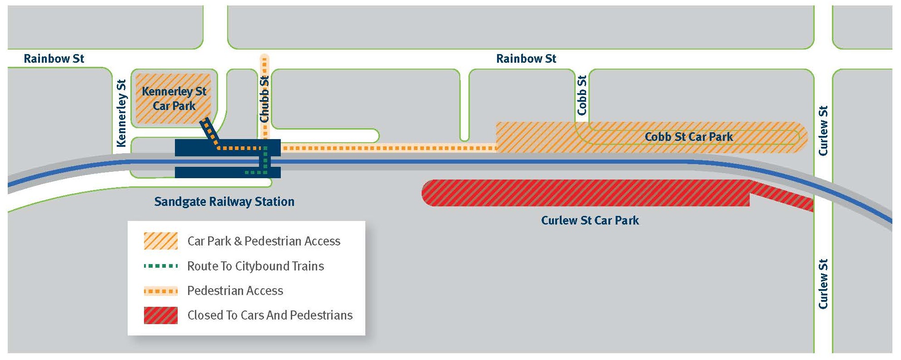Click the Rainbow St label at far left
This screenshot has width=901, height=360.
pos(54,59)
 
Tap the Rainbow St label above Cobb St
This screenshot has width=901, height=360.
pos(526,59)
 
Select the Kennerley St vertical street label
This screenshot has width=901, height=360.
pos(121,114)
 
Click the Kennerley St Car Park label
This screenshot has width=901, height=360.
pos(174,99)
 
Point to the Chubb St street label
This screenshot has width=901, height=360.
pos(264,99)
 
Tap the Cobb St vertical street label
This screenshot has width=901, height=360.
pos(582,95)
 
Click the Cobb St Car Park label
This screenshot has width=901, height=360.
pos(688,137)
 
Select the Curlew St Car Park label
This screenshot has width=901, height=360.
pos(590,220)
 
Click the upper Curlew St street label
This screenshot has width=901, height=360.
pos(823,131)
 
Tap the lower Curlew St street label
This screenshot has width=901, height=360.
pos(823,284)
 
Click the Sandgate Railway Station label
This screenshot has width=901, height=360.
pos(224,202)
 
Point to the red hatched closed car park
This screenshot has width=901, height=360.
pos(586,193)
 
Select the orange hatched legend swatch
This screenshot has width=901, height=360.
pos(160,241)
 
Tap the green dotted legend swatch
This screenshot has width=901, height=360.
pos(160,266)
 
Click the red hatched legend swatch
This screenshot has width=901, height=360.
pos(160,315)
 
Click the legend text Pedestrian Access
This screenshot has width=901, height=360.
pos(235,291)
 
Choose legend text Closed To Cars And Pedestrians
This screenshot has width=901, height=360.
pos(270,315)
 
